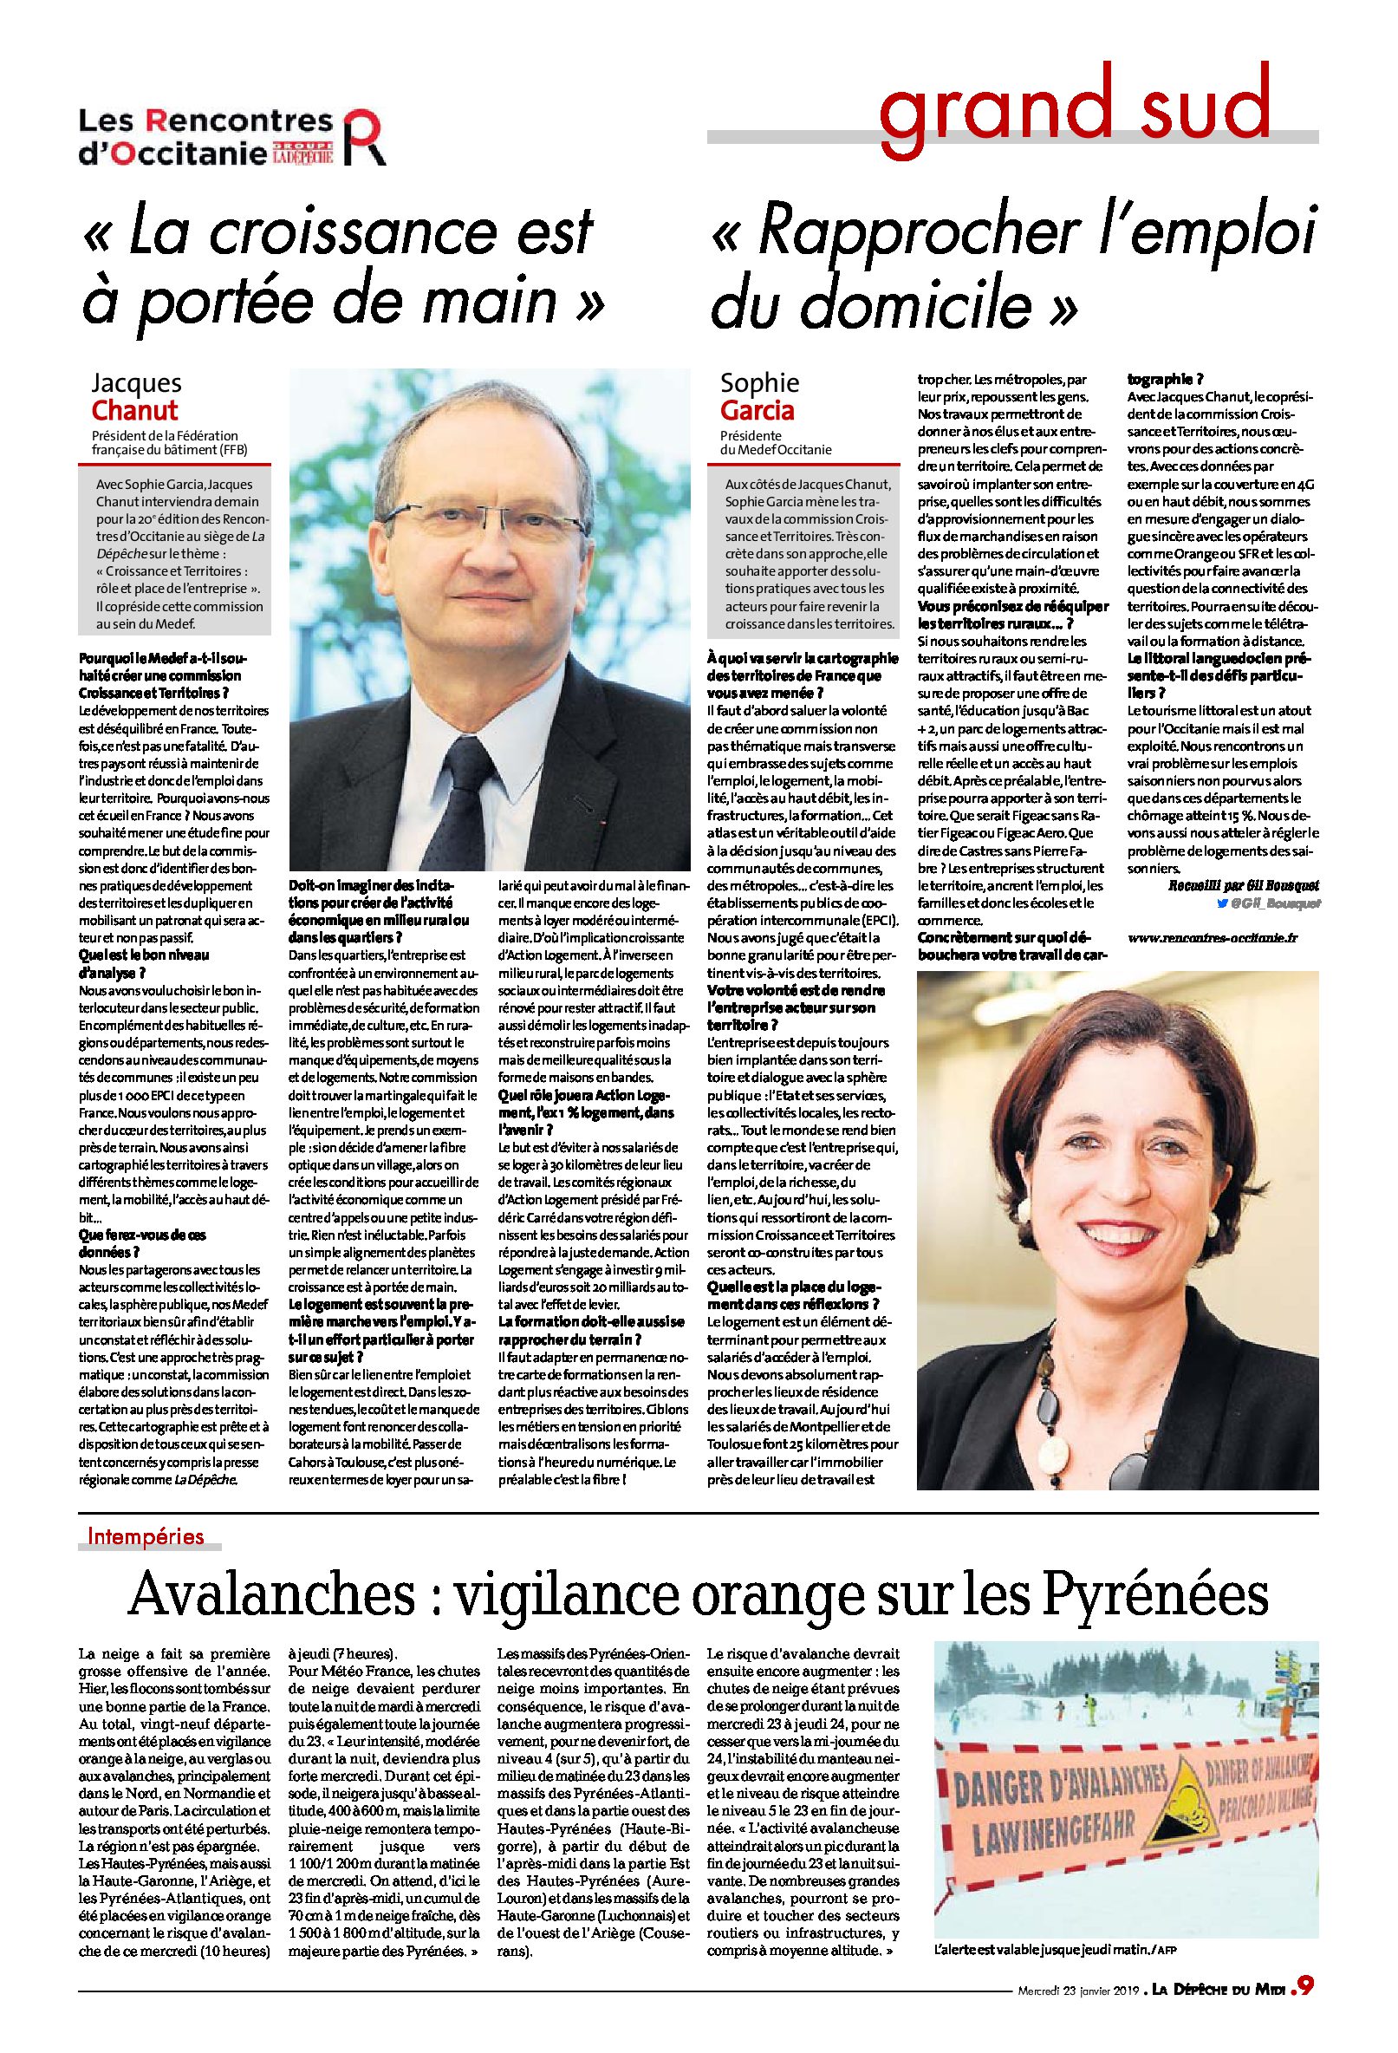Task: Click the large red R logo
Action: pyautogui.click(x=363, y=136)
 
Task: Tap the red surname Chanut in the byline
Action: pyautogui.click(x=135, y=411)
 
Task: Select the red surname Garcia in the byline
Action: pyautogui.click(x=757, y=411)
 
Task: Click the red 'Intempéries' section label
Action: pyautogui.click(x=146, y=1536)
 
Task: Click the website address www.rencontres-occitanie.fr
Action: pyautogui.click(x=1213, y=937)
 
